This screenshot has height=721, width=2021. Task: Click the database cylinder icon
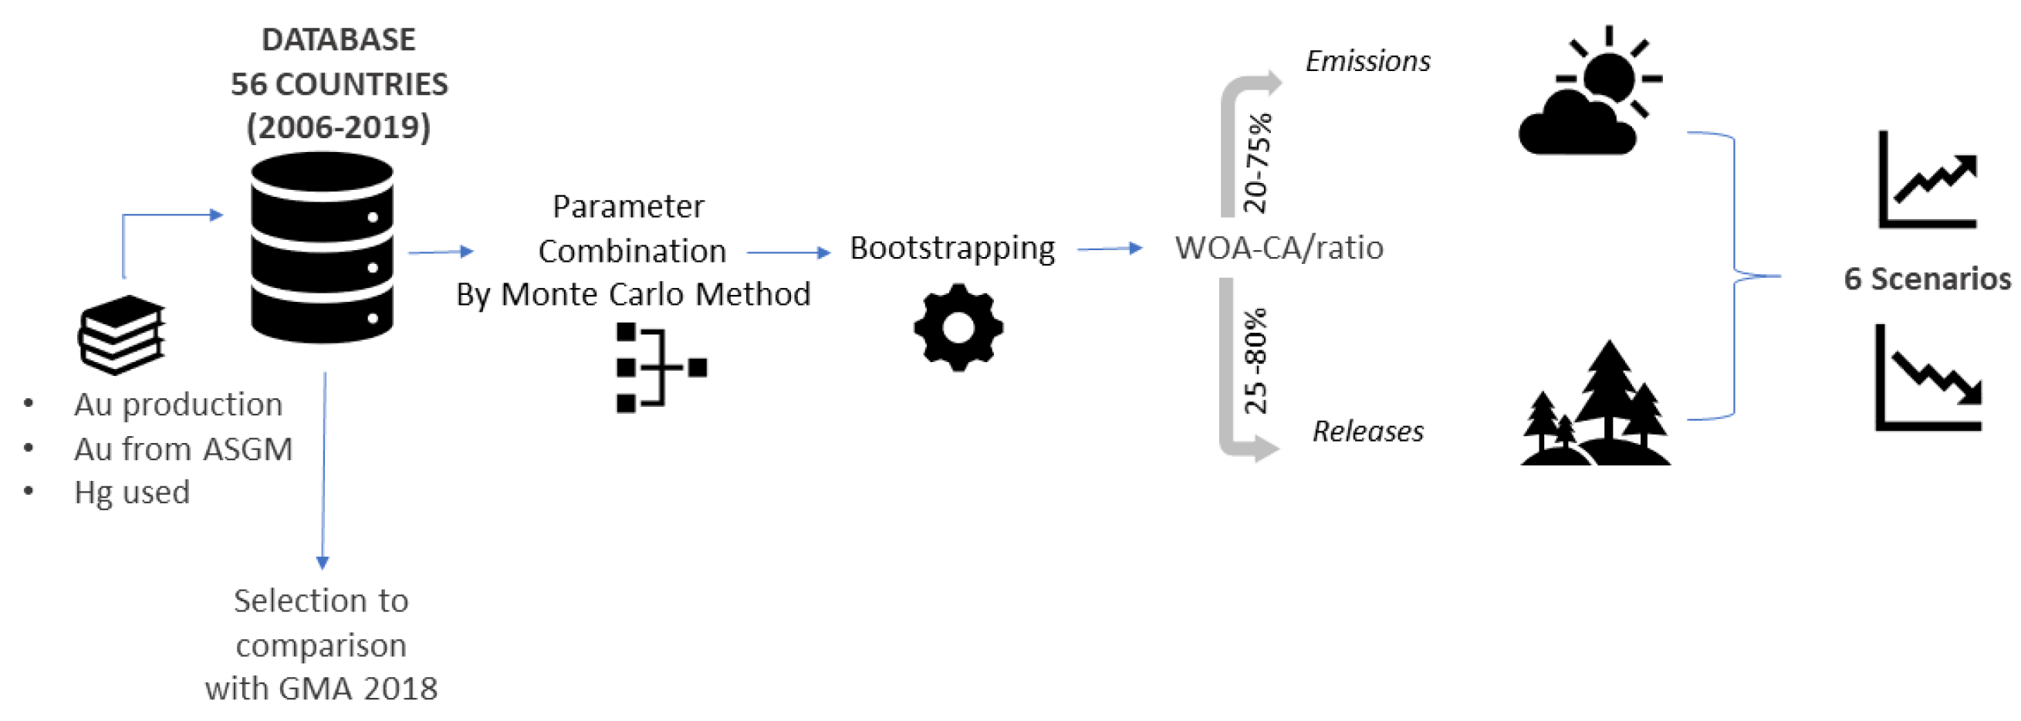click(x=322, y=247)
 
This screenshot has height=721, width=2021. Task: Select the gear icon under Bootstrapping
click(x=958, y=327)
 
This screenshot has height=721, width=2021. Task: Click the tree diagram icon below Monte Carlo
click(x=661, y=367)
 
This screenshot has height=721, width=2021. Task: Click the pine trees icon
click(x=1597, y=405)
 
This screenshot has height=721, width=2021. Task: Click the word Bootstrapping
click(x=951, y=249)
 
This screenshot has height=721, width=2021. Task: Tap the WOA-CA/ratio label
click(x=1279, y=248)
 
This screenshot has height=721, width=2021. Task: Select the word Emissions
click(x=1367, y=61)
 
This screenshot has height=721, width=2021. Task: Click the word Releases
click(x=1368, y=432)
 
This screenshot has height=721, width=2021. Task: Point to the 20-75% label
click(x=1257, y=163)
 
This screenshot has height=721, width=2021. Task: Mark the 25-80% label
click(x=1256, y=361)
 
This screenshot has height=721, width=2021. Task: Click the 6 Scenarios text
click(x=1927, y=279)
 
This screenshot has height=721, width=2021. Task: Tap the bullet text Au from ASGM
click(x=183, y=449)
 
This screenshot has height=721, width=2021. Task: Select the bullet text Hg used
click(x=132, y=493)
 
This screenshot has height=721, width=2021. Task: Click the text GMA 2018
click(x=358, y=689)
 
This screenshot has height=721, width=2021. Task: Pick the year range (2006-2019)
click(x=339, y=127)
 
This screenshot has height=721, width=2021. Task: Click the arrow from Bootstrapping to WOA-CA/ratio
click(x=1109, y=249)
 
